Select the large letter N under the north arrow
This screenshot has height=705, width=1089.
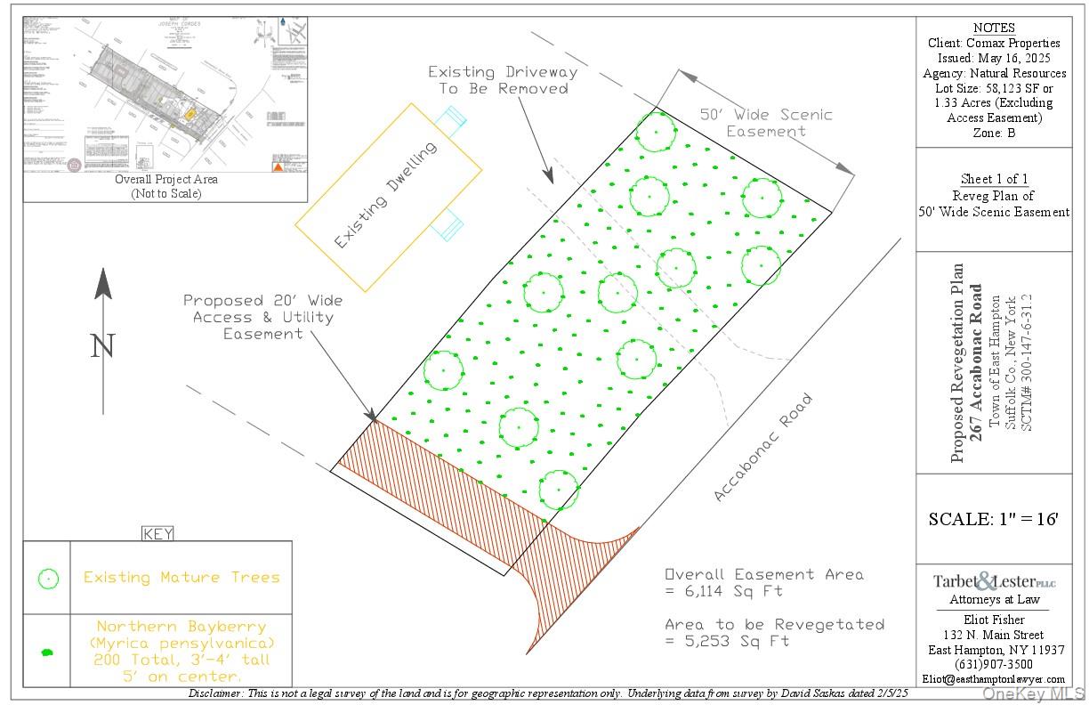tap(103, 345)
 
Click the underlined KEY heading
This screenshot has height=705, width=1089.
tap(157, 534)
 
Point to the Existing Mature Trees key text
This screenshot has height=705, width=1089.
tap(181, 578)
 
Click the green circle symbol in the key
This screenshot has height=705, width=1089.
tap(48, 579)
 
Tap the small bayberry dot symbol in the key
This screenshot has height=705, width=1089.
tap(48, 652)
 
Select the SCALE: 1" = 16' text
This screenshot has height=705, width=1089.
tap(993, 519)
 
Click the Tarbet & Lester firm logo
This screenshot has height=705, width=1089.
tap(993, 582)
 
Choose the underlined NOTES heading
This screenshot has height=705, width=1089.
tap(994, 28)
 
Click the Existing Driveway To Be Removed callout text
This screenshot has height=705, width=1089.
tap(503, 80)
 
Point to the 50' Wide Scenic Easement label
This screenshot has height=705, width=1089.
tap(766, 123)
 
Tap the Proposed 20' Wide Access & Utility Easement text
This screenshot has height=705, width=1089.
tap(263, 317)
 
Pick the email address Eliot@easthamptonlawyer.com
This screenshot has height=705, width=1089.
tap(993, 679)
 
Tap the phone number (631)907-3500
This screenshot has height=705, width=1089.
tap(993, 664)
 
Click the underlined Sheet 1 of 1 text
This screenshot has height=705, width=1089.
tap(993, 179)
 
